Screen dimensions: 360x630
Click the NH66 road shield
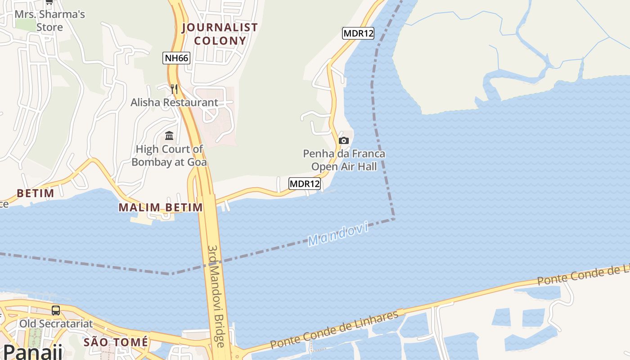tap(176, 58)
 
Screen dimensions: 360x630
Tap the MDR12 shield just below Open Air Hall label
tap(305, 184)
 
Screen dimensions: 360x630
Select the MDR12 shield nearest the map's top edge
tap(358, 33)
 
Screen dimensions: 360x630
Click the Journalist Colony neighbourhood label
tap(220, 34)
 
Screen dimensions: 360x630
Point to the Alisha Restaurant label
tap(174, 103)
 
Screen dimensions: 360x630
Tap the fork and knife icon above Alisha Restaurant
tap(174, 89)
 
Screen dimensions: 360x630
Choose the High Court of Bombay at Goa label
tap(169, 155)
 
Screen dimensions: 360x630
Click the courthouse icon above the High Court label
tap(169, 135)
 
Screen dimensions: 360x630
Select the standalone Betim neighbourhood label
tap(36, 193)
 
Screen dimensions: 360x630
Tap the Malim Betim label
tap(161, 207)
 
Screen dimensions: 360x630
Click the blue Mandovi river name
tap(338, 234)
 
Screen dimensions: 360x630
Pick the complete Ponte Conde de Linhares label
tap(335, 330)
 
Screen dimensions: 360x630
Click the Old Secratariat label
tap(56, 324)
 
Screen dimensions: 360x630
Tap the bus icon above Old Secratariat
tap(56, 310)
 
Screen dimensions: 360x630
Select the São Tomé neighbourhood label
tap(116, 342)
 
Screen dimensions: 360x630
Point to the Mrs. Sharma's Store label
tap(49, 21)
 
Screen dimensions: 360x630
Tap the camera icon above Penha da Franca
tap(344, 140)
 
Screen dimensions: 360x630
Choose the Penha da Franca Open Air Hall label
tap(344, 160)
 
